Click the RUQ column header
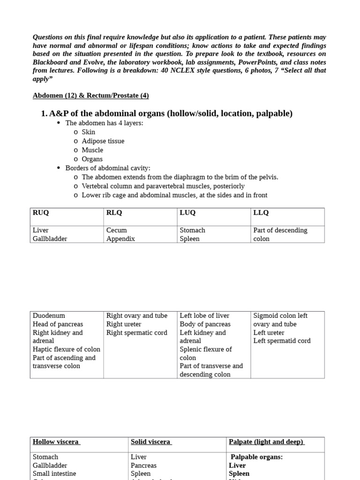(x=41, y=213)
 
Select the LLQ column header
(x=261, y=213)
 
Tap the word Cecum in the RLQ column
(x=117, y=230)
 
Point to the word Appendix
(x=120, y=239)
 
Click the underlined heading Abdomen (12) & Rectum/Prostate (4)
(x=90, y=96)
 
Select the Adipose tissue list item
(x=103, y=141)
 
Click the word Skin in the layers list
(x=88, y=132)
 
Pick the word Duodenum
(x=49, y=316)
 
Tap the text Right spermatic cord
(x=130, y=333)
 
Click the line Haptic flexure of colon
(x=66, y=349)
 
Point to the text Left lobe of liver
(x=204, y=316)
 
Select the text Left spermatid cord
(x=282, y=341)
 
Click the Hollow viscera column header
(x=56, y=442)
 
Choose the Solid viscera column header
(x=151, y=442)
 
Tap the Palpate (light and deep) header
(x=266, y=442)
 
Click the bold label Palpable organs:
(x=256, y=457)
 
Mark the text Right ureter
(x=124, y=324)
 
